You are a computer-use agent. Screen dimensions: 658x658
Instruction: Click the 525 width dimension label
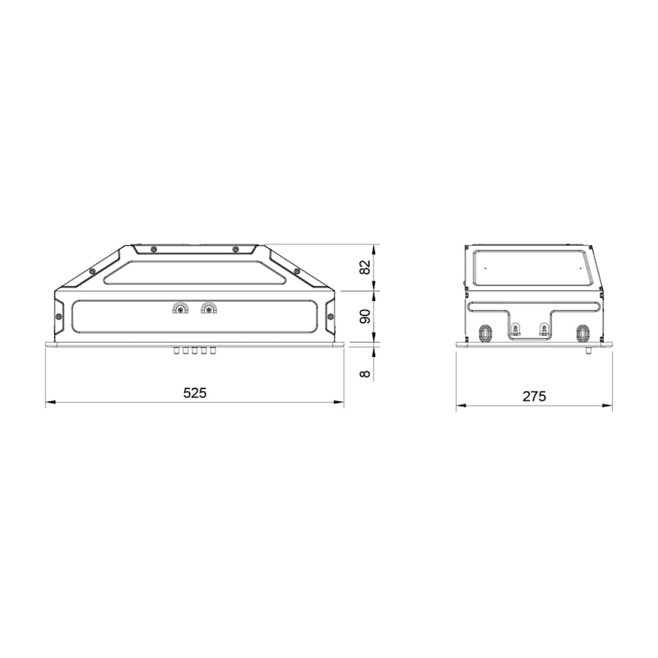195,393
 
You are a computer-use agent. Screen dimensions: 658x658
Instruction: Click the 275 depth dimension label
534,396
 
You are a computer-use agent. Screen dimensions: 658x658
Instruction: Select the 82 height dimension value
365,267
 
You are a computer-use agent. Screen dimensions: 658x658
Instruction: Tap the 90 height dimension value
365,317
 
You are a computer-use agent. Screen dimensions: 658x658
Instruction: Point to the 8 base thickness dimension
365,373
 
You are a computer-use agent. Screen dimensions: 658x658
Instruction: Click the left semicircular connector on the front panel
180,308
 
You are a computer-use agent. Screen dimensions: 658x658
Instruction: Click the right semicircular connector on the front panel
208,308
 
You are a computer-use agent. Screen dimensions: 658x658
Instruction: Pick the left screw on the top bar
154,249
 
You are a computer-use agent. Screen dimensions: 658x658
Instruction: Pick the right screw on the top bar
235,249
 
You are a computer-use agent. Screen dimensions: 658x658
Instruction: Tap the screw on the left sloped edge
91,271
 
